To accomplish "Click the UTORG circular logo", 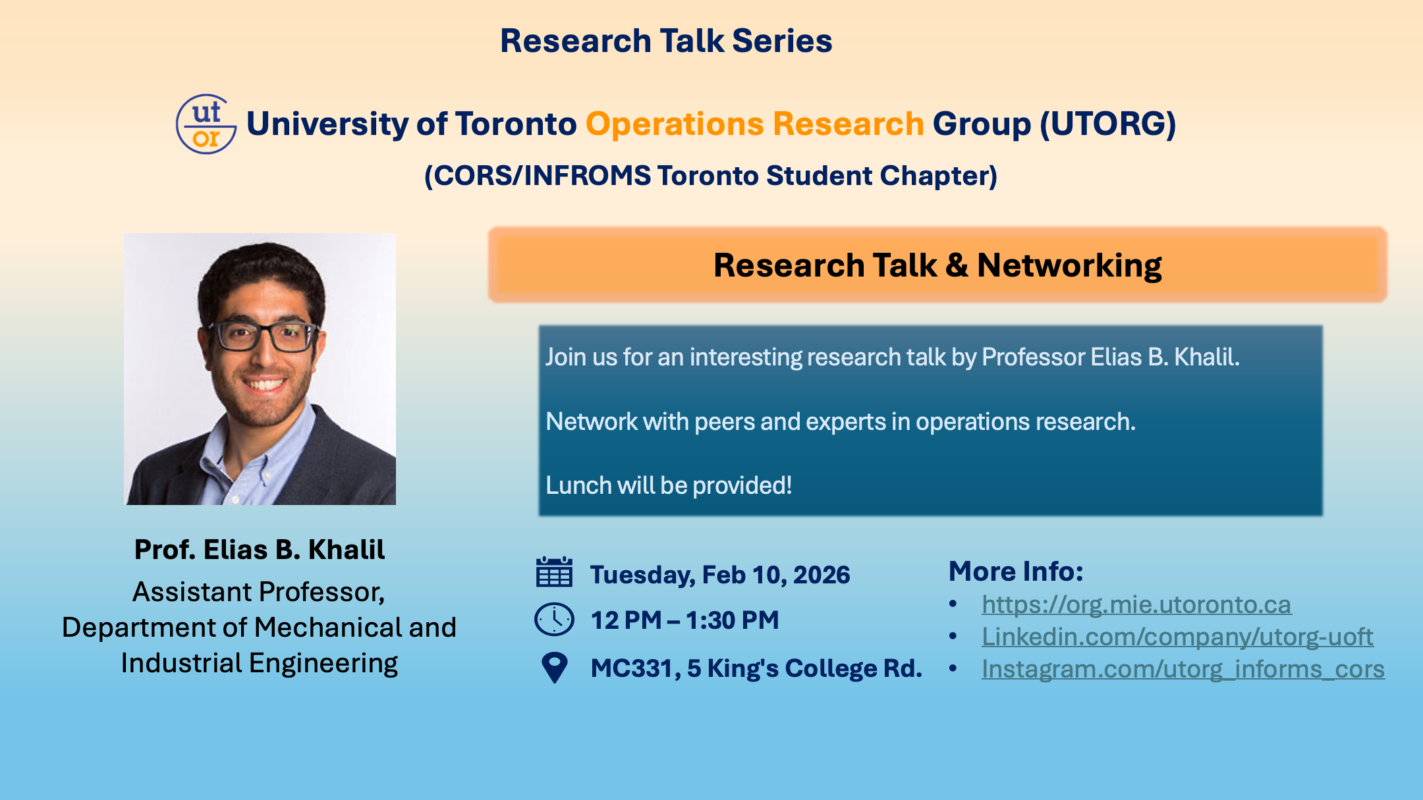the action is [x=206, y=124].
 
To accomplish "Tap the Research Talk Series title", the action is [x=666, y=41].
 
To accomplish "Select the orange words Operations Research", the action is [x=755, y=124].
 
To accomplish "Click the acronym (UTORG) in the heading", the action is [x=1108, y=124].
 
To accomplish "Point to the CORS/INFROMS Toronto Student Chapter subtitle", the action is [x=711, y=176].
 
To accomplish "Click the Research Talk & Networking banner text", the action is [x=937, y=265].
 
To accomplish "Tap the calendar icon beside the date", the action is [x=554, y=572].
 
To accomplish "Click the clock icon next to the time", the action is [x=554, y=620].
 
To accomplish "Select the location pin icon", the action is [x=554, y=668].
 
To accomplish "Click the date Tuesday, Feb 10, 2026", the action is [x=720, y=575].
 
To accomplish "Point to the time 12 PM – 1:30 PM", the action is [x=685, y=620].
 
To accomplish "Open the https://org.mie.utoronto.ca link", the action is [x=1136, y=604].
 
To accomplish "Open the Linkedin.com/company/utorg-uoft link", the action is [x=1177, y=637].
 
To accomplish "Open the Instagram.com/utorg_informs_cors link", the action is [x=1183, y=669].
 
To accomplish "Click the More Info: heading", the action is [x=1016, y=571].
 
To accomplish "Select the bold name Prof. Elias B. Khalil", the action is [x=260, y=550].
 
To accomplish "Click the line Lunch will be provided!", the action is [x=669, y=485].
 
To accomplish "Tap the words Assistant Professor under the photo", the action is [x=258, y=593].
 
